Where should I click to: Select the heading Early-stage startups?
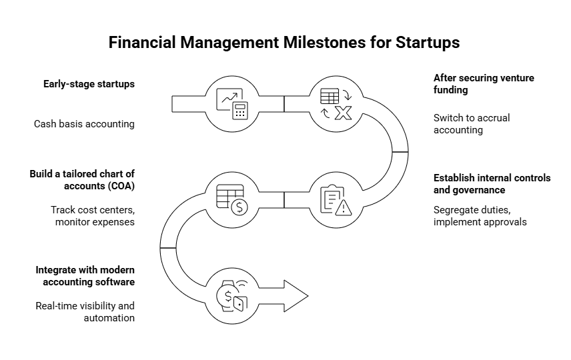(89, 84)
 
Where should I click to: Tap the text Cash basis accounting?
(84, 123)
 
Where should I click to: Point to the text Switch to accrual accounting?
(471, 123)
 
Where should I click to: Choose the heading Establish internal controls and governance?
(492, 184)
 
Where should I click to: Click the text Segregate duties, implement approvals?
(480, 215)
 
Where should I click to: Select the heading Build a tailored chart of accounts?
(82, 180)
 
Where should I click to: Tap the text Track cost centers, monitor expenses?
(93, 215)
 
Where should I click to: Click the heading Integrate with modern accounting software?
(85, 276)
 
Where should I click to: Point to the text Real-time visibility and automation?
(85, 312)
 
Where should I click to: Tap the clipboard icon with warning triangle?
(336, 200)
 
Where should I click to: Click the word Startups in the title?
(431, 43)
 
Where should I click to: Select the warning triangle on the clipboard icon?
(344, 208)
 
